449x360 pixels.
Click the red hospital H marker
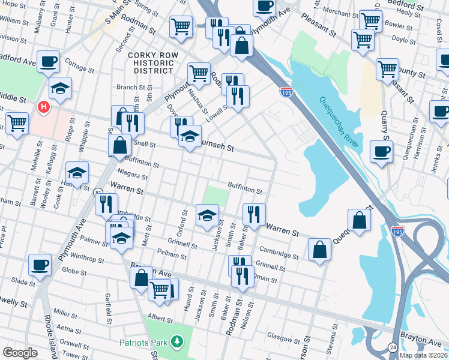point(43,108)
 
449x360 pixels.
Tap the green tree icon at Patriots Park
point(176,342)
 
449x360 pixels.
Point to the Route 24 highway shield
point(393,347)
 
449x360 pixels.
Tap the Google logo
point(20,353)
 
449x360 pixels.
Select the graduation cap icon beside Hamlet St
point(77,173)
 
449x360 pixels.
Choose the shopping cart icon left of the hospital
point(17,122)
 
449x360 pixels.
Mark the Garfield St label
point(108,305)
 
